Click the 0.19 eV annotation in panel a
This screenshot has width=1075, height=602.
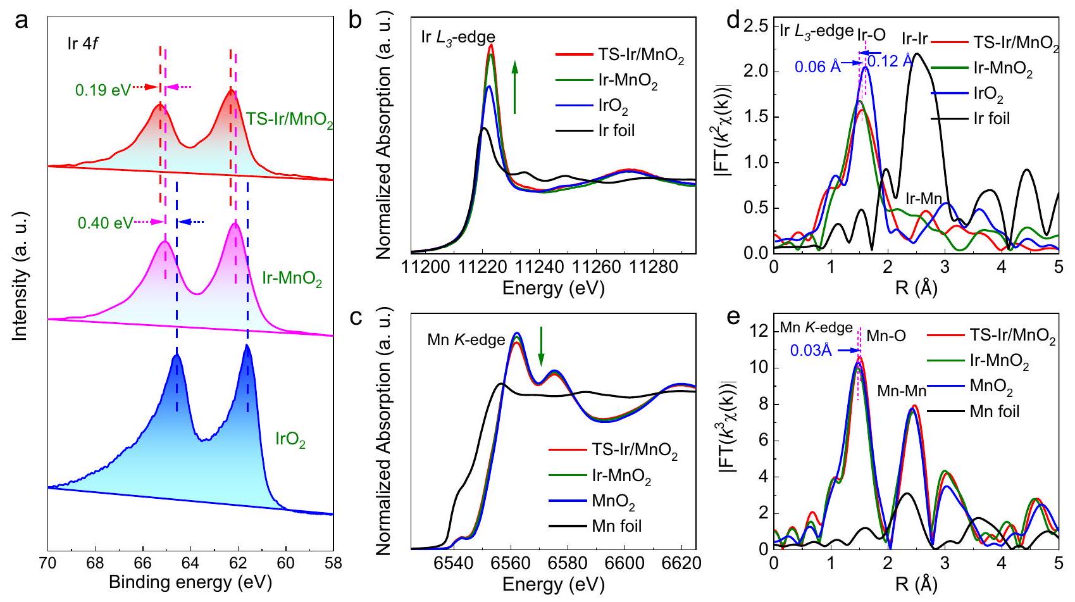(103, 91)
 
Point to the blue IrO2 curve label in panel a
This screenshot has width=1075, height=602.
(290, 440)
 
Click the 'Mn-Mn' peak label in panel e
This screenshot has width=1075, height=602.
(902, 391)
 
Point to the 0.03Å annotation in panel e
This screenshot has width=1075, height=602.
(811, 350)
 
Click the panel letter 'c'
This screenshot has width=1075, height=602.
(356, 317)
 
